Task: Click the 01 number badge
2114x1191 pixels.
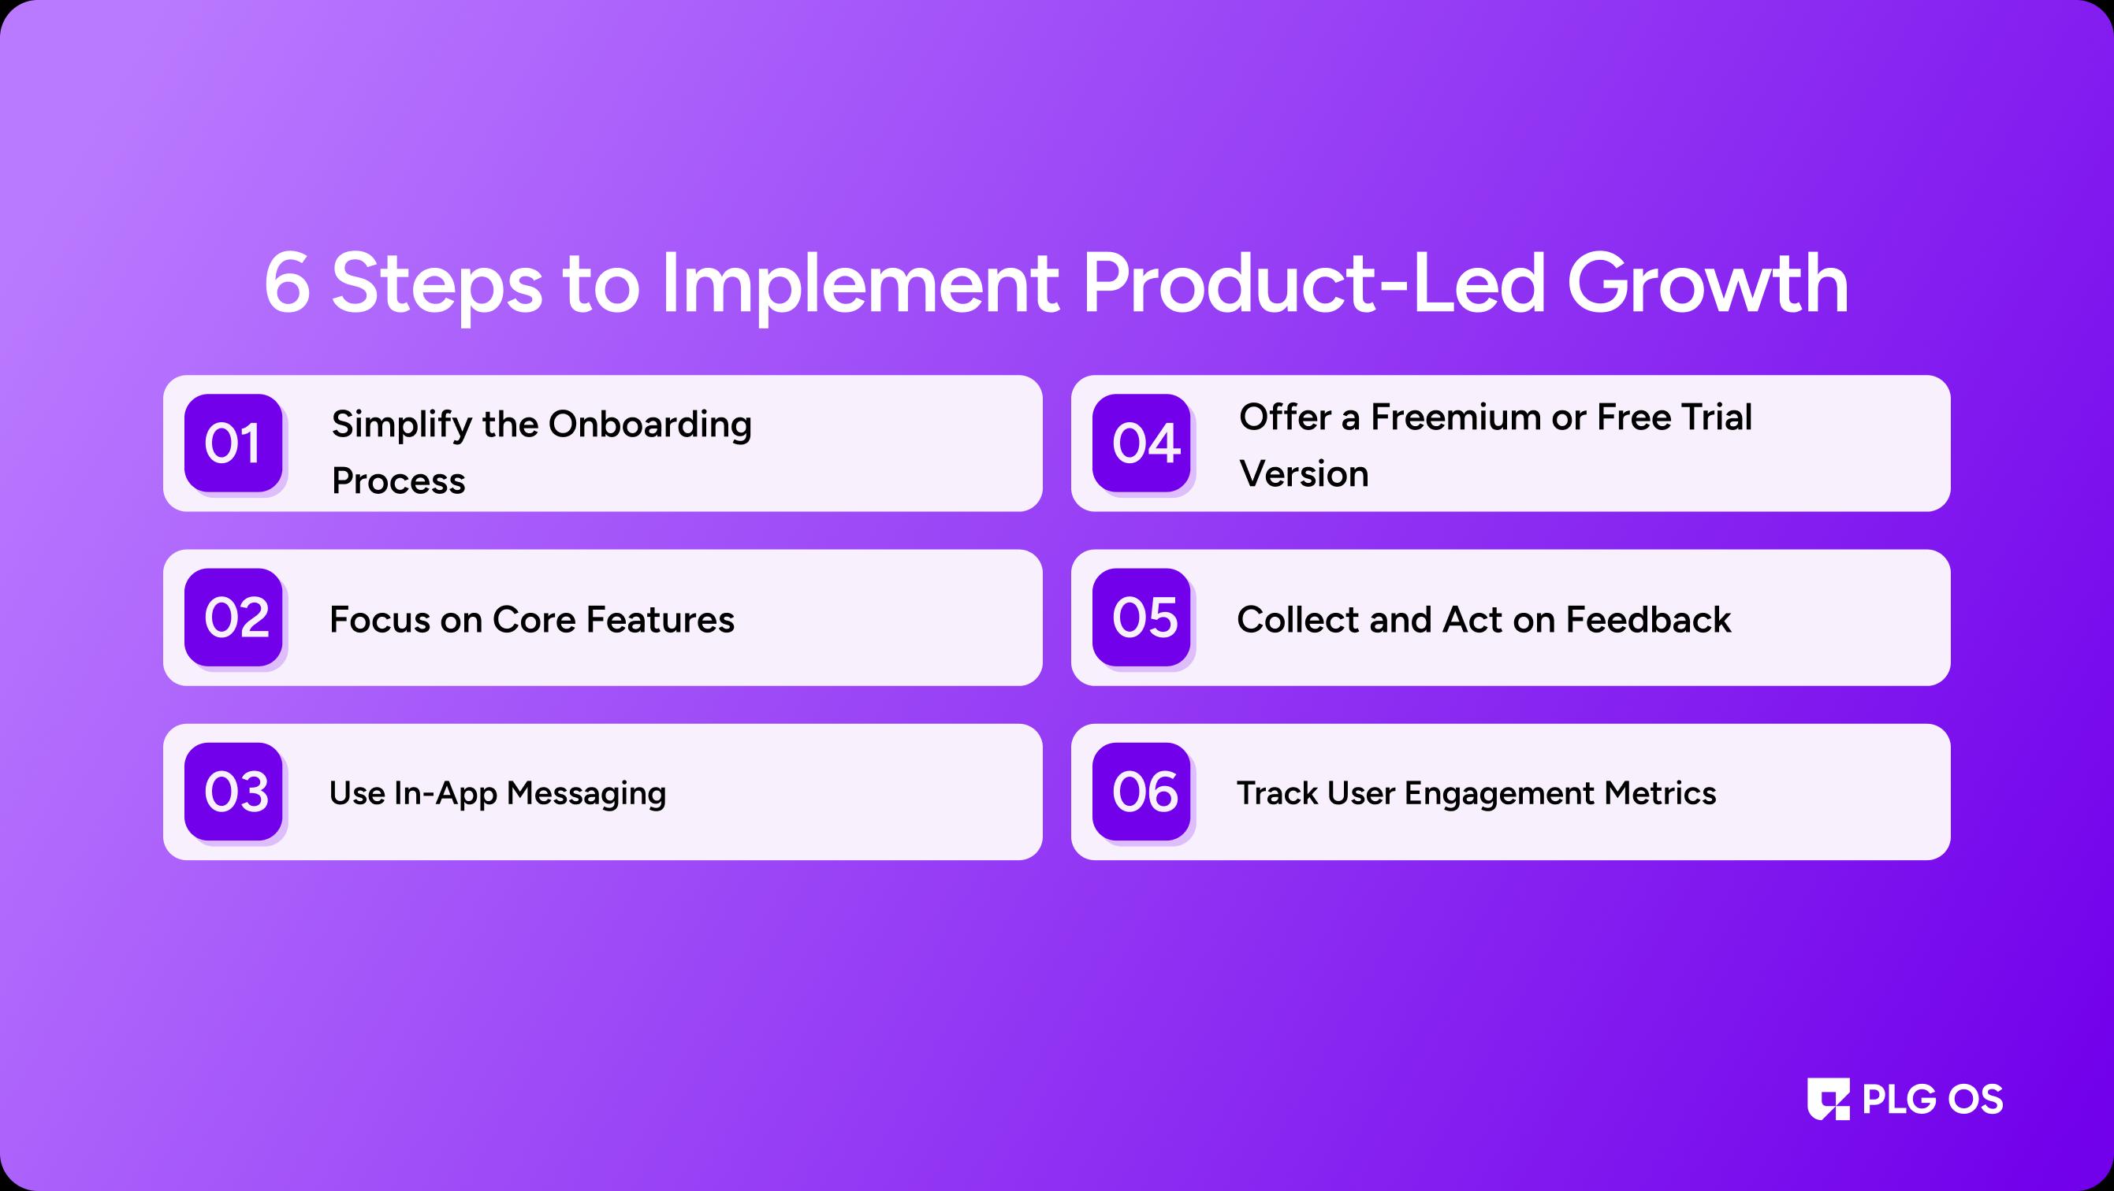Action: [x=233, y=443]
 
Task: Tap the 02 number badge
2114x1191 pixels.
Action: [x=233, y=617]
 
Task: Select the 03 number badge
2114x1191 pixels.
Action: [x=233, y=792]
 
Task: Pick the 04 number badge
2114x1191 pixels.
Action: [x=1141, y=443]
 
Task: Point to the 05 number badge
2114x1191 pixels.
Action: [x=1141, y=617]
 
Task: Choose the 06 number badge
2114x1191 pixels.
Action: [x=1141, y=792]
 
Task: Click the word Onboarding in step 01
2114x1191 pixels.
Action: [x=650, y=425]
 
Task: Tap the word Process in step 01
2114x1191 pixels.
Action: [x=398, y=480]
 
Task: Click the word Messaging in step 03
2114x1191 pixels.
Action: [x=586, y=795]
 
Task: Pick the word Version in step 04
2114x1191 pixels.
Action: [x=1304, y=474]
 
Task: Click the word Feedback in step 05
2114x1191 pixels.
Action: [x=1648, y=619]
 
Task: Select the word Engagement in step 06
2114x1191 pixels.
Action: [x=1499, y=795]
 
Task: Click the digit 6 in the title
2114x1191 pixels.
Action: [x=287, y=283]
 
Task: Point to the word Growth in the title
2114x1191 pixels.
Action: [x=1708, y=283]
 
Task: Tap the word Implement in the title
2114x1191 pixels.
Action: [x=859, y=285]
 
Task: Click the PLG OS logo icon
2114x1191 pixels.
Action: [x=1829, y=1099]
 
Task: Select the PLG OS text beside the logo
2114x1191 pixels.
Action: [x=1933, y=1099]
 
